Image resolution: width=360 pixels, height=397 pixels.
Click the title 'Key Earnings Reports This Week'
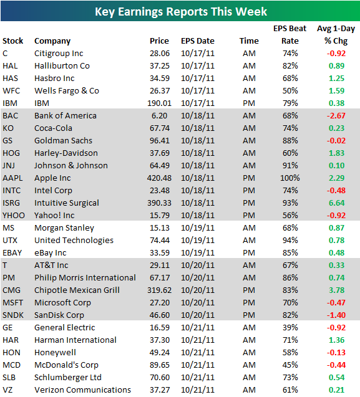coord(180,11)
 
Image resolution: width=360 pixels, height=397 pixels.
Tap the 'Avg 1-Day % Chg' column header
coord(335,35)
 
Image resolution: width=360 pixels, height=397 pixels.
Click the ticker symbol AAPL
coord(13,178)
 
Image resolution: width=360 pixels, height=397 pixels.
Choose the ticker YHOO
coord(14,215)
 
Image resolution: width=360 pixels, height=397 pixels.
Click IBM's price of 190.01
coord(158,103)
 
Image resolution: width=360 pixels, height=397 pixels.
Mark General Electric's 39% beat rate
coord(290,327)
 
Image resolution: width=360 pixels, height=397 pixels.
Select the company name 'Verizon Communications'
coord(82,390)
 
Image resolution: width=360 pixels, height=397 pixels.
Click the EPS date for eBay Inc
coord(198,252)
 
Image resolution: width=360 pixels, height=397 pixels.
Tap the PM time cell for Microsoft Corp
coord(248,302)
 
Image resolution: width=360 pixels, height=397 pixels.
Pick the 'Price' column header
coord(159,41)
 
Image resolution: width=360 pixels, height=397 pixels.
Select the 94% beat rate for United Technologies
coord(290,240)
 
